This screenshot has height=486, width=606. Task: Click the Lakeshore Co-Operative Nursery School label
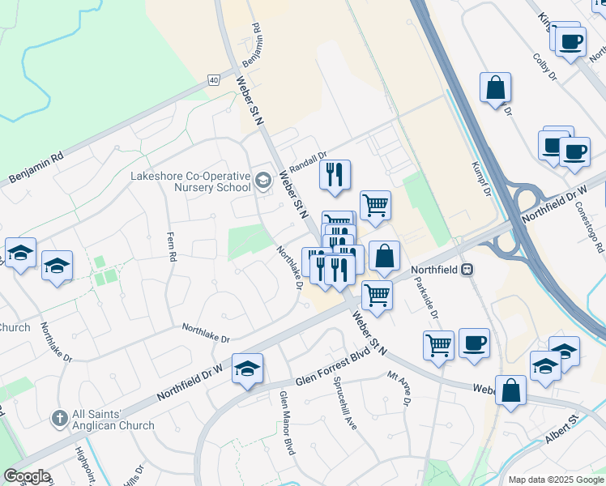(191, 181)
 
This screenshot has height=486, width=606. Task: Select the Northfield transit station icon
(467, 271)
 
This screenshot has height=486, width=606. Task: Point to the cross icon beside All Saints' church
(59, 419)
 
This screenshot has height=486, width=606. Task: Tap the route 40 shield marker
(213, 79)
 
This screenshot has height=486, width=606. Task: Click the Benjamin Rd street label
(36, 168)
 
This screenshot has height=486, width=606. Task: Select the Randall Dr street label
(307, 162)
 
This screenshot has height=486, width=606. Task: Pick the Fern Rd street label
(172, 246)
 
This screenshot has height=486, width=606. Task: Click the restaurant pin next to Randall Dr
(335, 175)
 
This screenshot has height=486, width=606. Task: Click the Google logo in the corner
(27, 476)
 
